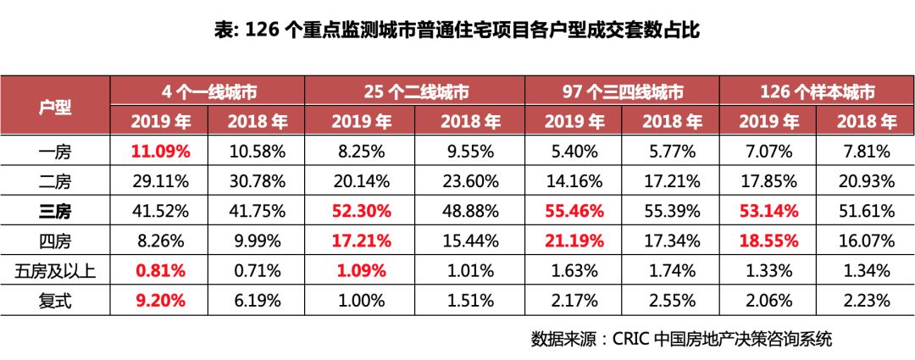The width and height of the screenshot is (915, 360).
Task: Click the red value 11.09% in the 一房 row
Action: click(161, 152)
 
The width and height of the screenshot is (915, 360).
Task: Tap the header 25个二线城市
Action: click(416, 91)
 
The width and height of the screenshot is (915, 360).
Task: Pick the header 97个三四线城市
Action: click(623, 91)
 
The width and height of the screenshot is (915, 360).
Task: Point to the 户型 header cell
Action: click(56, 107)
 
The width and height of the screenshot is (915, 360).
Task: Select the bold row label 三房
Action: click(56, 212)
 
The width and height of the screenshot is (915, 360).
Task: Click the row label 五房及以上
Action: click(56, 271)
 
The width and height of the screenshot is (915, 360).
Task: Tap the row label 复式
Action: click(56, 301)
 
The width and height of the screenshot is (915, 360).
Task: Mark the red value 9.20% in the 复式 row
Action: click(161, 301)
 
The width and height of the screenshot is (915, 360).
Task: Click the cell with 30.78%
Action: click(258, 182)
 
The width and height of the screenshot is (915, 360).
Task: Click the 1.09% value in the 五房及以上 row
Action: click(360, 271)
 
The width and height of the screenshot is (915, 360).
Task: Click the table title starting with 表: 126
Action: click(457, 30)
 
